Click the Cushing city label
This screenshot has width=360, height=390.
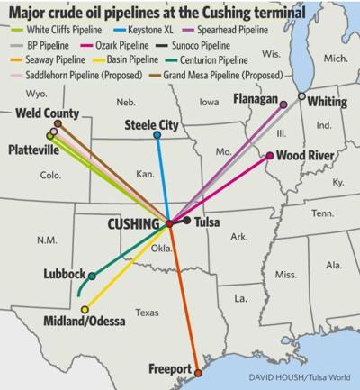click(x=136, y=222)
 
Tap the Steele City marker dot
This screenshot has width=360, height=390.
click(x=157, y=135)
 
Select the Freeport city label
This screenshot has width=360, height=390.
click(x=170, y=370)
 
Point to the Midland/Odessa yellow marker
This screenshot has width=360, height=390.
click(x=85, y=310)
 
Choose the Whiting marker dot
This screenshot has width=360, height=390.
click(x=301, y=95)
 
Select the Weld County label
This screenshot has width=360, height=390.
click(x=47, y=114)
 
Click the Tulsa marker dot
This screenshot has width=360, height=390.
click(x=186, y=220)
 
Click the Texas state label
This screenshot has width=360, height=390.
click(x=146, y=313)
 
